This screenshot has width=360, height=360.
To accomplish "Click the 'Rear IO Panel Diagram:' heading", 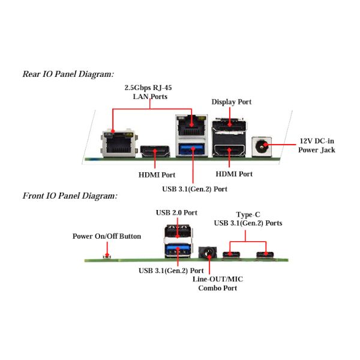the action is coord(68,74).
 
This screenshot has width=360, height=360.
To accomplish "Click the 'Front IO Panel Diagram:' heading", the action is coord(70,196).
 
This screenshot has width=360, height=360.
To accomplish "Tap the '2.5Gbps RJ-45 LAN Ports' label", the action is coord(148,92).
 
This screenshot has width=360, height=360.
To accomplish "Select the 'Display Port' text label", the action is coord(232,102).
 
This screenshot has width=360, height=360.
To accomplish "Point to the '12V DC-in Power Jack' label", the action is coord(317,145).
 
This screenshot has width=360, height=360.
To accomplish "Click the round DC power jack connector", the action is coord(262,146).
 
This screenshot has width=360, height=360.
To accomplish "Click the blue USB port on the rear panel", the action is coord(192,149).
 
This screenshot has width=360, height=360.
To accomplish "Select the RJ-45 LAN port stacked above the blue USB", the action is coord(192,126).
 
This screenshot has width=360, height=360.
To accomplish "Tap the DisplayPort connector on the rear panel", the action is coord(229,125).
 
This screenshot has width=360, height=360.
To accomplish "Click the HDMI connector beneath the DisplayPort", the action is coord(229,151).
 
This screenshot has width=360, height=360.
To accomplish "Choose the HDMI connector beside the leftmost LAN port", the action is coord(155,151).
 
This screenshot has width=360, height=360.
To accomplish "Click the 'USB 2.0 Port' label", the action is coord(176,212).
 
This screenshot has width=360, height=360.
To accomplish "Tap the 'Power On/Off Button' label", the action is coord(107,236).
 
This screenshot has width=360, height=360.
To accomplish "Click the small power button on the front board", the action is coord(107,256).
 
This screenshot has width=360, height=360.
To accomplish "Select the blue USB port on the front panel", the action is coord(178,250).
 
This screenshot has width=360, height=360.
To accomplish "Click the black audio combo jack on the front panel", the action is coord(208,253).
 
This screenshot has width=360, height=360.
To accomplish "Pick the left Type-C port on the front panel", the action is coord(232,255).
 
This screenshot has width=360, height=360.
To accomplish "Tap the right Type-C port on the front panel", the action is coord(265,255).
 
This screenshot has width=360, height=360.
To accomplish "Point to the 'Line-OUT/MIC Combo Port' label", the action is coord(218,284).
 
